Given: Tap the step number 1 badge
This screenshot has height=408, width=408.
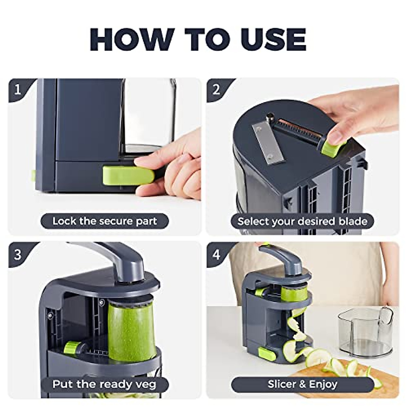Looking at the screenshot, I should coord(18,89).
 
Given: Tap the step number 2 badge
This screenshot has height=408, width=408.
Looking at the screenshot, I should coord(216,89).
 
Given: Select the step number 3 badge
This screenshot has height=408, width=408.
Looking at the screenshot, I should coord(18,254).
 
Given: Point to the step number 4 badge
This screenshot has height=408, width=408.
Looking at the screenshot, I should coord(216,254).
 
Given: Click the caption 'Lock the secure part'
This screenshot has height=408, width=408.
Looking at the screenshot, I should coord(104,221).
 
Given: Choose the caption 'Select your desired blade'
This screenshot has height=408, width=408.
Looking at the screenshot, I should coord(302,221).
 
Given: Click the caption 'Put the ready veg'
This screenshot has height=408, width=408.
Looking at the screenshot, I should coord(104,385).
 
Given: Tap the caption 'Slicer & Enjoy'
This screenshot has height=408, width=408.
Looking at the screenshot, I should coord(302,385).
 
